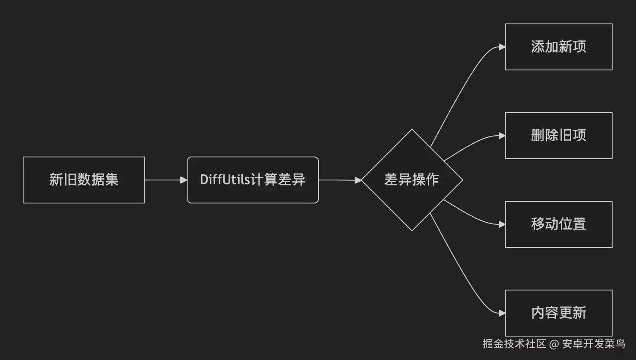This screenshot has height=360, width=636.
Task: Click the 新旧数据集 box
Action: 84,180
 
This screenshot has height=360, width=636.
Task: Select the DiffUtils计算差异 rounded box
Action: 252,180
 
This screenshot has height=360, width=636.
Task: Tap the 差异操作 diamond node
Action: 412,180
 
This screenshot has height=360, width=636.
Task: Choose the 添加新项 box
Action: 558,47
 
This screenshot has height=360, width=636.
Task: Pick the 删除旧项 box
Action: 558,136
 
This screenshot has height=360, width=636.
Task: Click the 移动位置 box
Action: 558,224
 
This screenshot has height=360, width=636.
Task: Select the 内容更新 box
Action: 558,313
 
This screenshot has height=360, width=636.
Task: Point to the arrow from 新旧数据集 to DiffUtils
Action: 164,180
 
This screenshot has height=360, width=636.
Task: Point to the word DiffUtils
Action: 225,180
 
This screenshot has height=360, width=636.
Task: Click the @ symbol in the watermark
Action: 554,344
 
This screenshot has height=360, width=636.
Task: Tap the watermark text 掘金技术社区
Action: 514,344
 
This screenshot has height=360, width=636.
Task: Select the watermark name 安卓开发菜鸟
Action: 593,344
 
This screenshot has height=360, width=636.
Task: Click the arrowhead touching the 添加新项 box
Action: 502,47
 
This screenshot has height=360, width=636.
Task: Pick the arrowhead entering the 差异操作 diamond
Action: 358,180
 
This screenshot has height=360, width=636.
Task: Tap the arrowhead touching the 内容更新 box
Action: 502,313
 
